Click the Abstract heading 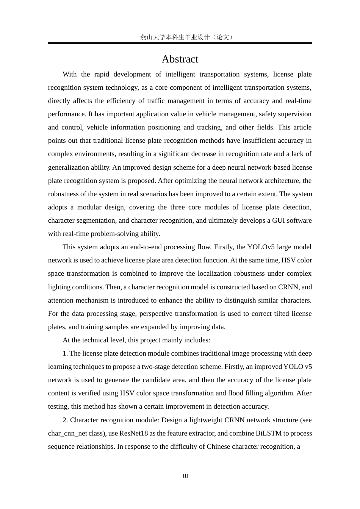(x=180, y=59)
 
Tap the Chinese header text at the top (x=186, y=37)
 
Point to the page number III (x=185, y=476)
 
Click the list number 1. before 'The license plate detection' (x=65, y=353)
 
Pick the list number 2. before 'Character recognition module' (x=65, y=420)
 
